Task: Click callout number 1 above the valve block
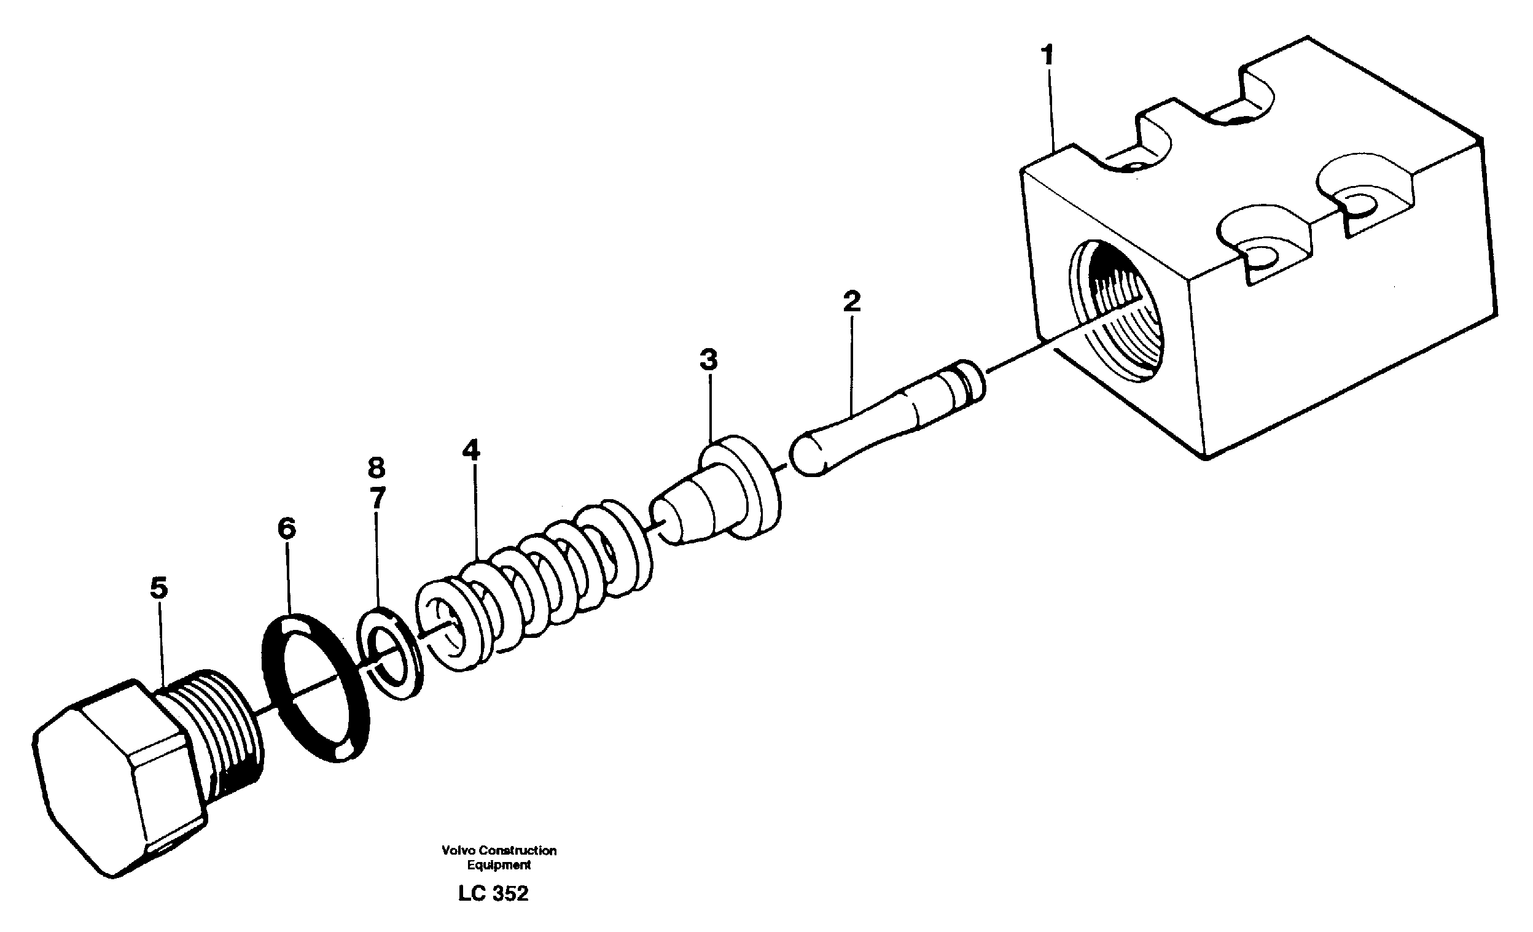click(1048, 55)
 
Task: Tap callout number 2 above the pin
click(852, 301)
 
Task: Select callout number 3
click(708, 359)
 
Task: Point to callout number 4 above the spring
click(471, 450)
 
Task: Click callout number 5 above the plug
click(158, 588)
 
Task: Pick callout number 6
click(286, 529)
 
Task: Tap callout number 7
click(377, 497)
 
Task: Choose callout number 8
click(376, 467)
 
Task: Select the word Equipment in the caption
click(499, 865)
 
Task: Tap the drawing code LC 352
click(493, 893)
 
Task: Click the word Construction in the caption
click(518, 850)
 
